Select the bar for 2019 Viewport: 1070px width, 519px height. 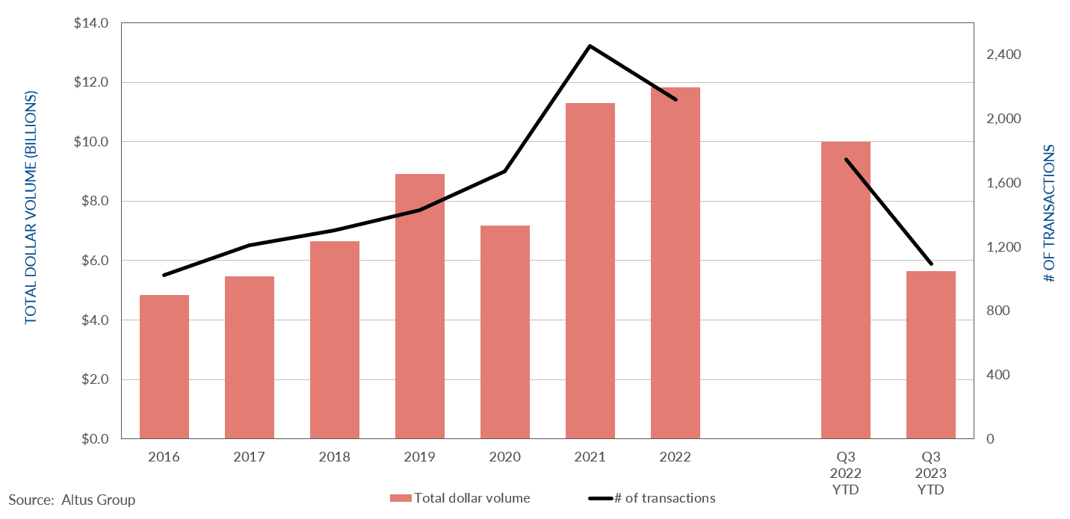[x=420, y=306]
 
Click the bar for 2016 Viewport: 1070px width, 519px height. [x=164, y=367]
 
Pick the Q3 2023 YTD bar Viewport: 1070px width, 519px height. [x=930, y=355]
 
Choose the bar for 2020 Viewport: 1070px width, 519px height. [x=505, y=332]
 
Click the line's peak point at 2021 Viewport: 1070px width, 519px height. [x=590, y=46]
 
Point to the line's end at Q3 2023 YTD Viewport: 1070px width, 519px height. [x=931, y=264]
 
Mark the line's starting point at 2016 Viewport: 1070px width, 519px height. [x=164, y=276]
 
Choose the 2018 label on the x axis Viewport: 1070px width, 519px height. [x=334, y=457]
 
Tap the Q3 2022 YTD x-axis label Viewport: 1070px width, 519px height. [x=846, y=473]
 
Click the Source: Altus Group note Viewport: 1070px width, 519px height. [x=72, y=500]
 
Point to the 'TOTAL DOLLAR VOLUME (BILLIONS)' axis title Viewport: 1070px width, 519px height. [x=31, y=208]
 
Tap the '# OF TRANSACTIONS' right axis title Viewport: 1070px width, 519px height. [x=1048, y=213]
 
